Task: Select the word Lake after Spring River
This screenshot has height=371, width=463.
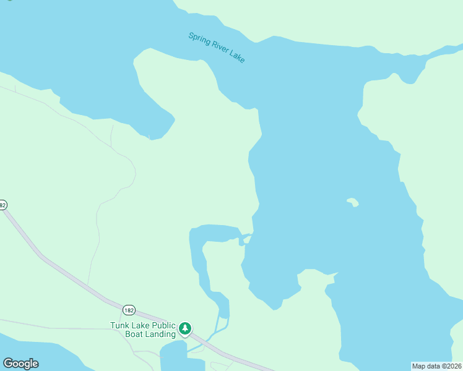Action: tap(237, 57)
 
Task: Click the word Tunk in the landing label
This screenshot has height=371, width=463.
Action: tap(120, 325)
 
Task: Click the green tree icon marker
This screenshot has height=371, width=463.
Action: tap(185, 329)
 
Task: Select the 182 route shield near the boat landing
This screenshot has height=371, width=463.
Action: tap(129, 310)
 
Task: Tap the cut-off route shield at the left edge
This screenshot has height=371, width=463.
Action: tap(2, 205)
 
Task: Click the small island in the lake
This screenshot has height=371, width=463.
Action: tap(353, 202)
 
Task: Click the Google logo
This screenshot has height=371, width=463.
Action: tap(20, 364)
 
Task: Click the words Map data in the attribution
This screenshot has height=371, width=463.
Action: tap(426, 365)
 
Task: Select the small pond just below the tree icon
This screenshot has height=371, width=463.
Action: tap(173, 356)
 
